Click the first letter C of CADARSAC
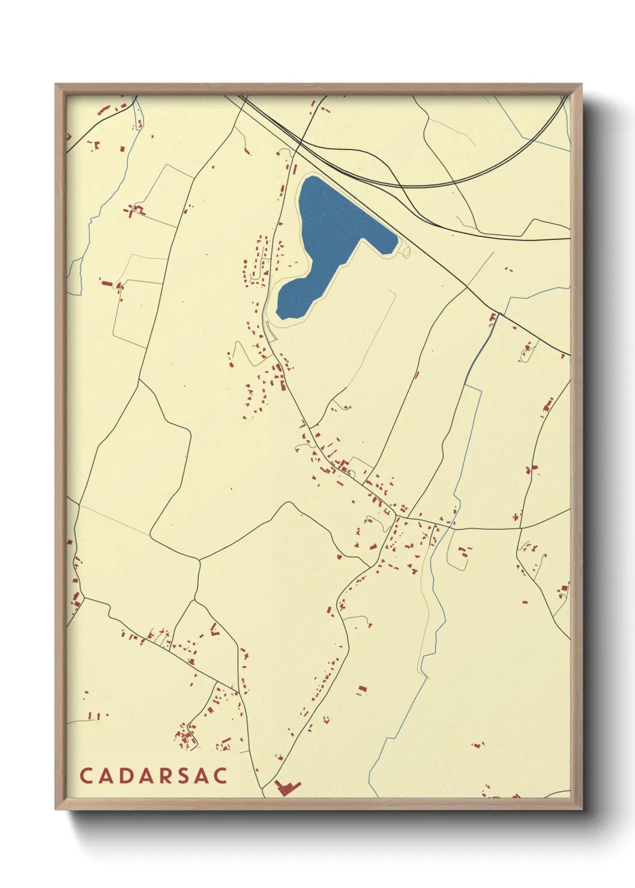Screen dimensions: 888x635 [x=85, y=776]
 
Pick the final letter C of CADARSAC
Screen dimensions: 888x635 [x=221, y=776]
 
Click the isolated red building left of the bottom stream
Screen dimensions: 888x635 [x=361, y=690]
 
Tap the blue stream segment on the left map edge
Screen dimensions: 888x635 [x=75, y=276]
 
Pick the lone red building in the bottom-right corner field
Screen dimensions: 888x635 [x=478, y=745]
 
